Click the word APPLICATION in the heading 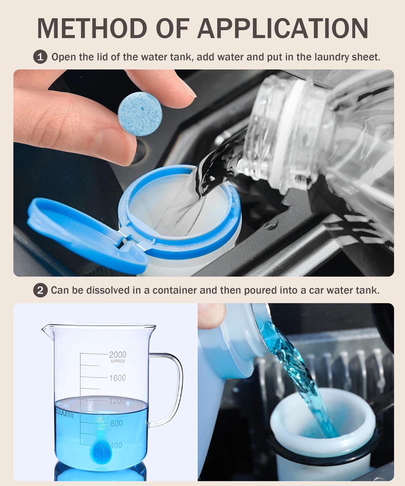(x=283, y=28)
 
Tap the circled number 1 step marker (x=40, y=57)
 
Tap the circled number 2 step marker (x=40, y=290)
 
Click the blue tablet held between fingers (x=140, y=114)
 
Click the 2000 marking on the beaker (x=117, y=355)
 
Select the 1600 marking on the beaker (x=117, y=378)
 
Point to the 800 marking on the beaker (x=116, y=423)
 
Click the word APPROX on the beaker (x=117, y=361)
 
